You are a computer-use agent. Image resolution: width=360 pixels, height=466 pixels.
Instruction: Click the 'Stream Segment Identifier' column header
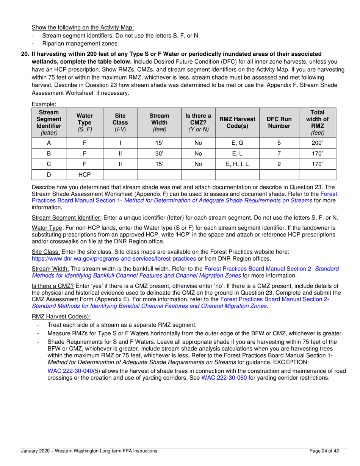point(49,122)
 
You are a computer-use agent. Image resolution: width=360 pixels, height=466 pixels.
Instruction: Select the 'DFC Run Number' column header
point(279,122)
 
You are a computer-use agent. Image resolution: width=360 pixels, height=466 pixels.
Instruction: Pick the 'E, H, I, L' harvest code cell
point(237,164)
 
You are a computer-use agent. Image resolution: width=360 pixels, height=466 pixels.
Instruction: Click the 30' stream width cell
point(159,153)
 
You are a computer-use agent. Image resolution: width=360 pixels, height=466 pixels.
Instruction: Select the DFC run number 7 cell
point(279,153)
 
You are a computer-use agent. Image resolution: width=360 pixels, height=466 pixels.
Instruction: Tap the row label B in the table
point(49,153)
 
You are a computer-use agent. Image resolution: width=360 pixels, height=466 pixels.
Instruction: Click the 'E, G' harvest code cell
point(237,143)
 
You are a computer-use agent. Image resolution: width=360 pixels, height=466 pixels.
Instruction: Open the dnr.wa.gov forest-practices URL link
point(114,258)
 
